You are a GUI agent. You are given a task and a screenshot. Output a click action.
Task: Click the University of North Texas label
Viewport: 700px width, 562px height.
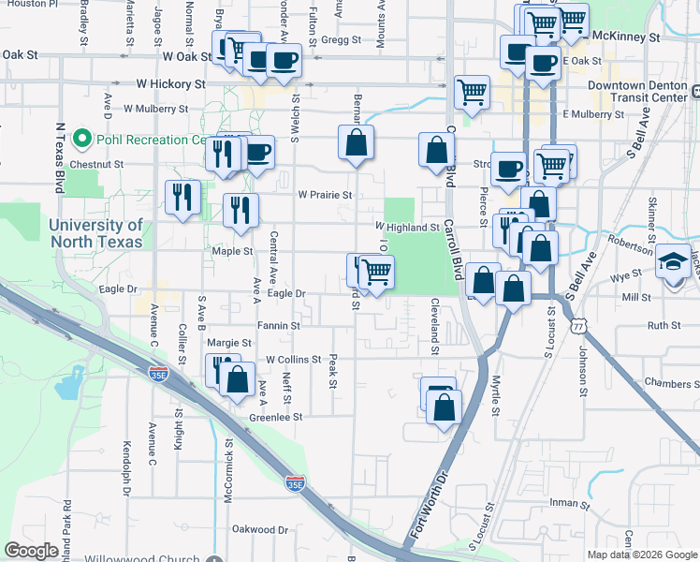[x=95, y=233]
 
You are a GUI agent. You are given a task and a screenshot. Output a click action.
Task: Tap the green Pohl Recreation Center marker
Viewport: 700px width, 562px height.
[x=81, y=140]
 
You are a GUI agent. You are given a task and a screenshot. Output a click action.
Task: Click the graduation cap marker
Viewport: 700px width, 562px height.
[x=673, y=261]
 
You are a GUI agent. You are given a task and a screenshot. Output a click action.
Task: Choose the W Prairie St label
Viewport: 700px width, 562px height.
[x=325, y=196]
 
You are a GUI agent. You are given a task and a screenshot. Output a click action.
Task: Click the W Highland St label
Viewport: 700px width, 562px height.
[x=407, y=227]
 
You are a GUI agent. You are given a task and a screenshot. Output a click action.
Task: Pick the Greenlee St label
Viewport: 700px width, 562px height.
[x=276, y=417]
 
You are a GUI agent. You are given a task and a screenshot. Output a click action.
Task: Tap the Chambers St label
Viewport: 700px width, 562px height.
[x=672, y=384]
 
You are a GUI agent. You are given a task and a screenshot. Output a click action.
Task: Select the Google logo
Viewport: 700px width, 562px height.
[x=32, y=550]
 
